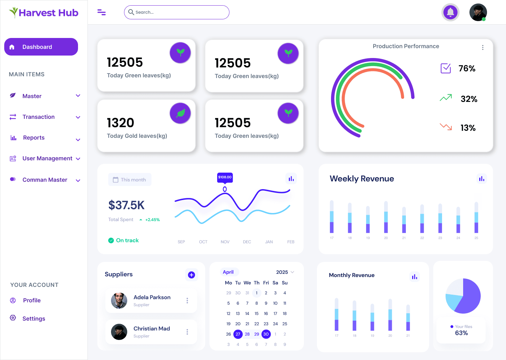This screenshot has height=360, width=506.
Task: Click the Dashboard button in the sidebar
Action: tap(41, 47)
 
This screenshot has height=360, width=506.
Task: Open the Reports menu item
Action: tap(34, 138)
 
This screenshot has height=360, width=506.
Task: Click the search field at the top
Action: tap(176, 12)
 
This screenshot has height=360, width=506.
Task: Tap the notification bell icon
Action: tap(450, 13)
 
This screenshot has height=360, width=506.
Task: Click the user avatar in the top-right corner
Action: tap(478, 13)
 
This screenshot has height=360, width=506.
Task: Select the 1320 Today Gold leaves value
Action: tap(121, 123)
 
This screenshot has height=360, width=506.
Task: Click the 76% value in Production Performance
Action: tap(467, 69)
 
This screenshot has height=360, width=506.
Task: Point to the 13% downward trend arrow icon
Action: tap(446, 127)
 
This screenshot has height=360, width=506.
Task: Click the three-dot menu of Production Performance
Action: tap(482, 47)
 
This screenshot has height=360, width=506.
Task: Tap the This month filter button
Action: tap(130, 180)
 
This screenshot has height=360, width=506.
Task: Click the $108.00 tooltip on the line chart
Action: tap(225, 177)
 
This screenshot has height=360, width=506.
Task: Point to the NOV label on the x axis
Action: tap(225, 242)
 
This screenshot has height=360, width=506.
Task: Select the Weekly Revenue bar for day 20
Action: tap(386, 217)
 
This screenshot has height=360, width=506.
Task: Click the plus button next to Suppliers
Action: tap(192, 275)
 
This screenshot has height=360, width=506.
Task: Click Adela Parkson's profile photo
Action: tap(119, 301)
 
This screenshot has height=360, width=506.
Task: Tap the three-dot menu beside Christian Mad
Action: tap(187, 332)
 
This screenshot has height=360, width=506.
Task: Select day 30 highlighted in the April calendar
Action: tap(266, 334)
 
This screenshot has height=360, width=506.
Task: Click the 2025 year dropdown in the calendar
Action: tap(285, 272)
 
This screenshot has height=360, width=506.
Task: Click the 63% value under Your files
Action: tap(461, 333)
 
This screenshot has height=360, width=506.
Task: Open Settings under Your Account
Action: tap(34, 319)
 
